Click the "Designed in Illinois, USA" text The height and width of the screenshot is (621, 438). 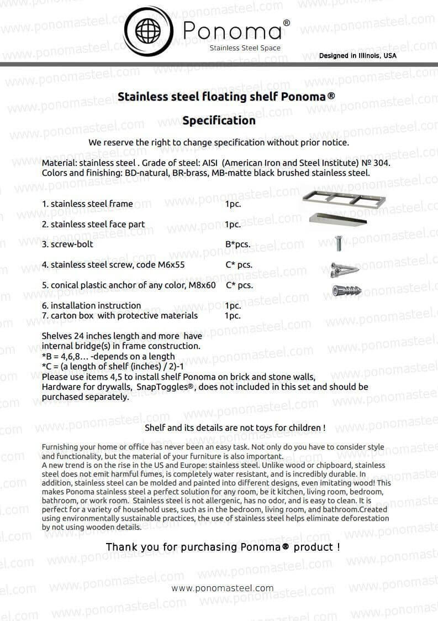(357, 56)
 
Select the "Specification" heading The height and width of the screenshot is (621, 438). (219, 121)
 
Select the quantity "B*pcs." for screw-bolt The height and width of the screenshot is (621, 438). (238, 244)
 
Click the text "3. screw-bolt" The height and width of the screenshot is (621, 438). (67, 244)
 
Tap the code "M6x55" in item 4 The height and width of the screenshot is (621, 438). (171, 265)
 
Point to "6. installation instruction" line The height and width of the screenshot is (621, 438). (91, 305)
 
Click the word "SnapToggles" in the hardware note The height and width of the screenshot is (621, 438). (165, 387)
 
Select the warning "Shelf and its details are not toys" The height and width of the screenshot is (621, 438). (235, 428)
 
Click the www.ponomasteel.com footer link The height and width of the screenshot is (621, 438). (223, 588)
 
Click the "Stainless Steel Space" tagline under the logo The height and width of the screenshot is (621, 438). (245, 48)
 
